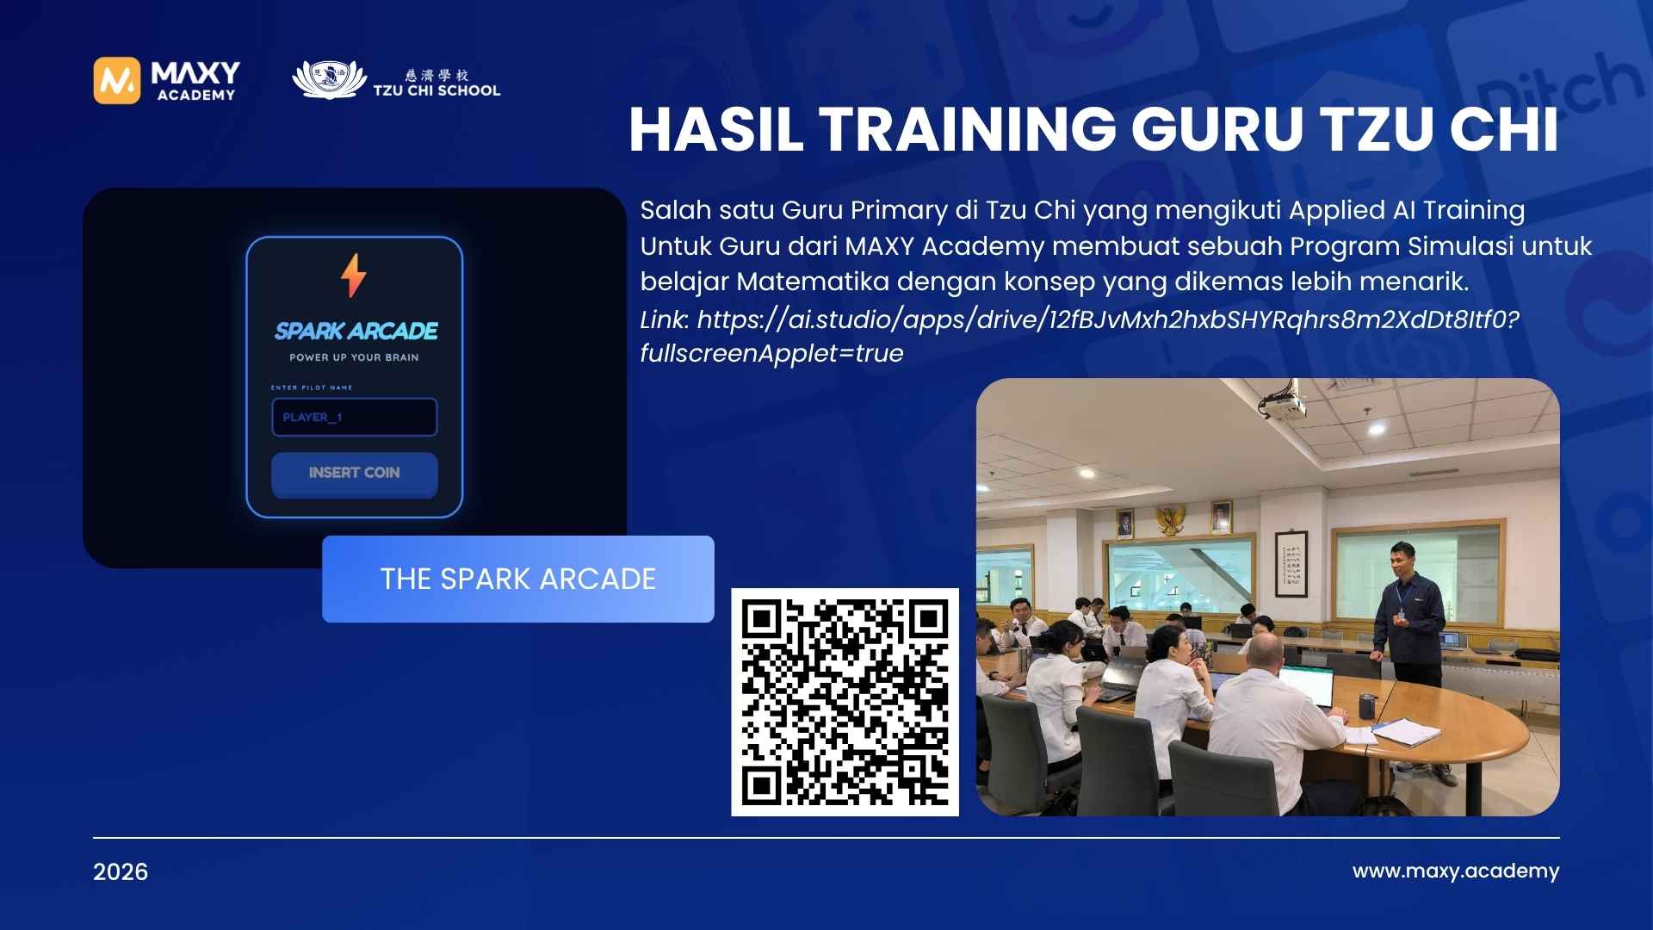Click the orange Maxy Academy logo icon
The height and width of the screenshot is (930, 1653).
[x=116, y=81]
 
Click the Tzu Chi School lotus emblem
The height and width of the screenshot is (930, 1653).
[x=324, y=79]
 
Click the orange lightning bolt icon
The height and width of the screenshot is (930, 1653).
[x=354, y=276]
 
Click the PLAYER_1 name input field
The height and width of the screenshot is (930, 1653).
[x=354, y=417]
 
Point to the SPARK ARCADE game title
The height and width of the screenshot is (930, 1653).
[x=356, y=331]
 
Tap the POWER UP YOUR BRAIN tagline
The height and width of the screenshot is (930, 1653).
[x=354, y=357]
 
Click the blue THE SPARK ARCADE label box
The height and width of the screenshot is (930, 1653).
[x=517, y=579]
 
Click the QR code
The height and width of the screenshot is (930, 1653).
[x=845, y=702]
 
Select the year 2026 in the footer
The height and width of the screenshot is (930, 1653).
[x=121, y=872]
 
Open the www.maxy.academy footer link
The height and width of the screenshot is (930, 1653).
[x=1455, y=871]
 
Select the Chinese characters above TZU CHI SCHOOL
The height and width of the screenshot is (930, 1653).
[x=437, y=75]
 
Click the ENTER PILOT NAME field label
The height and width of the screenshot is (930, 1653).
[x=312, y=387]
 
